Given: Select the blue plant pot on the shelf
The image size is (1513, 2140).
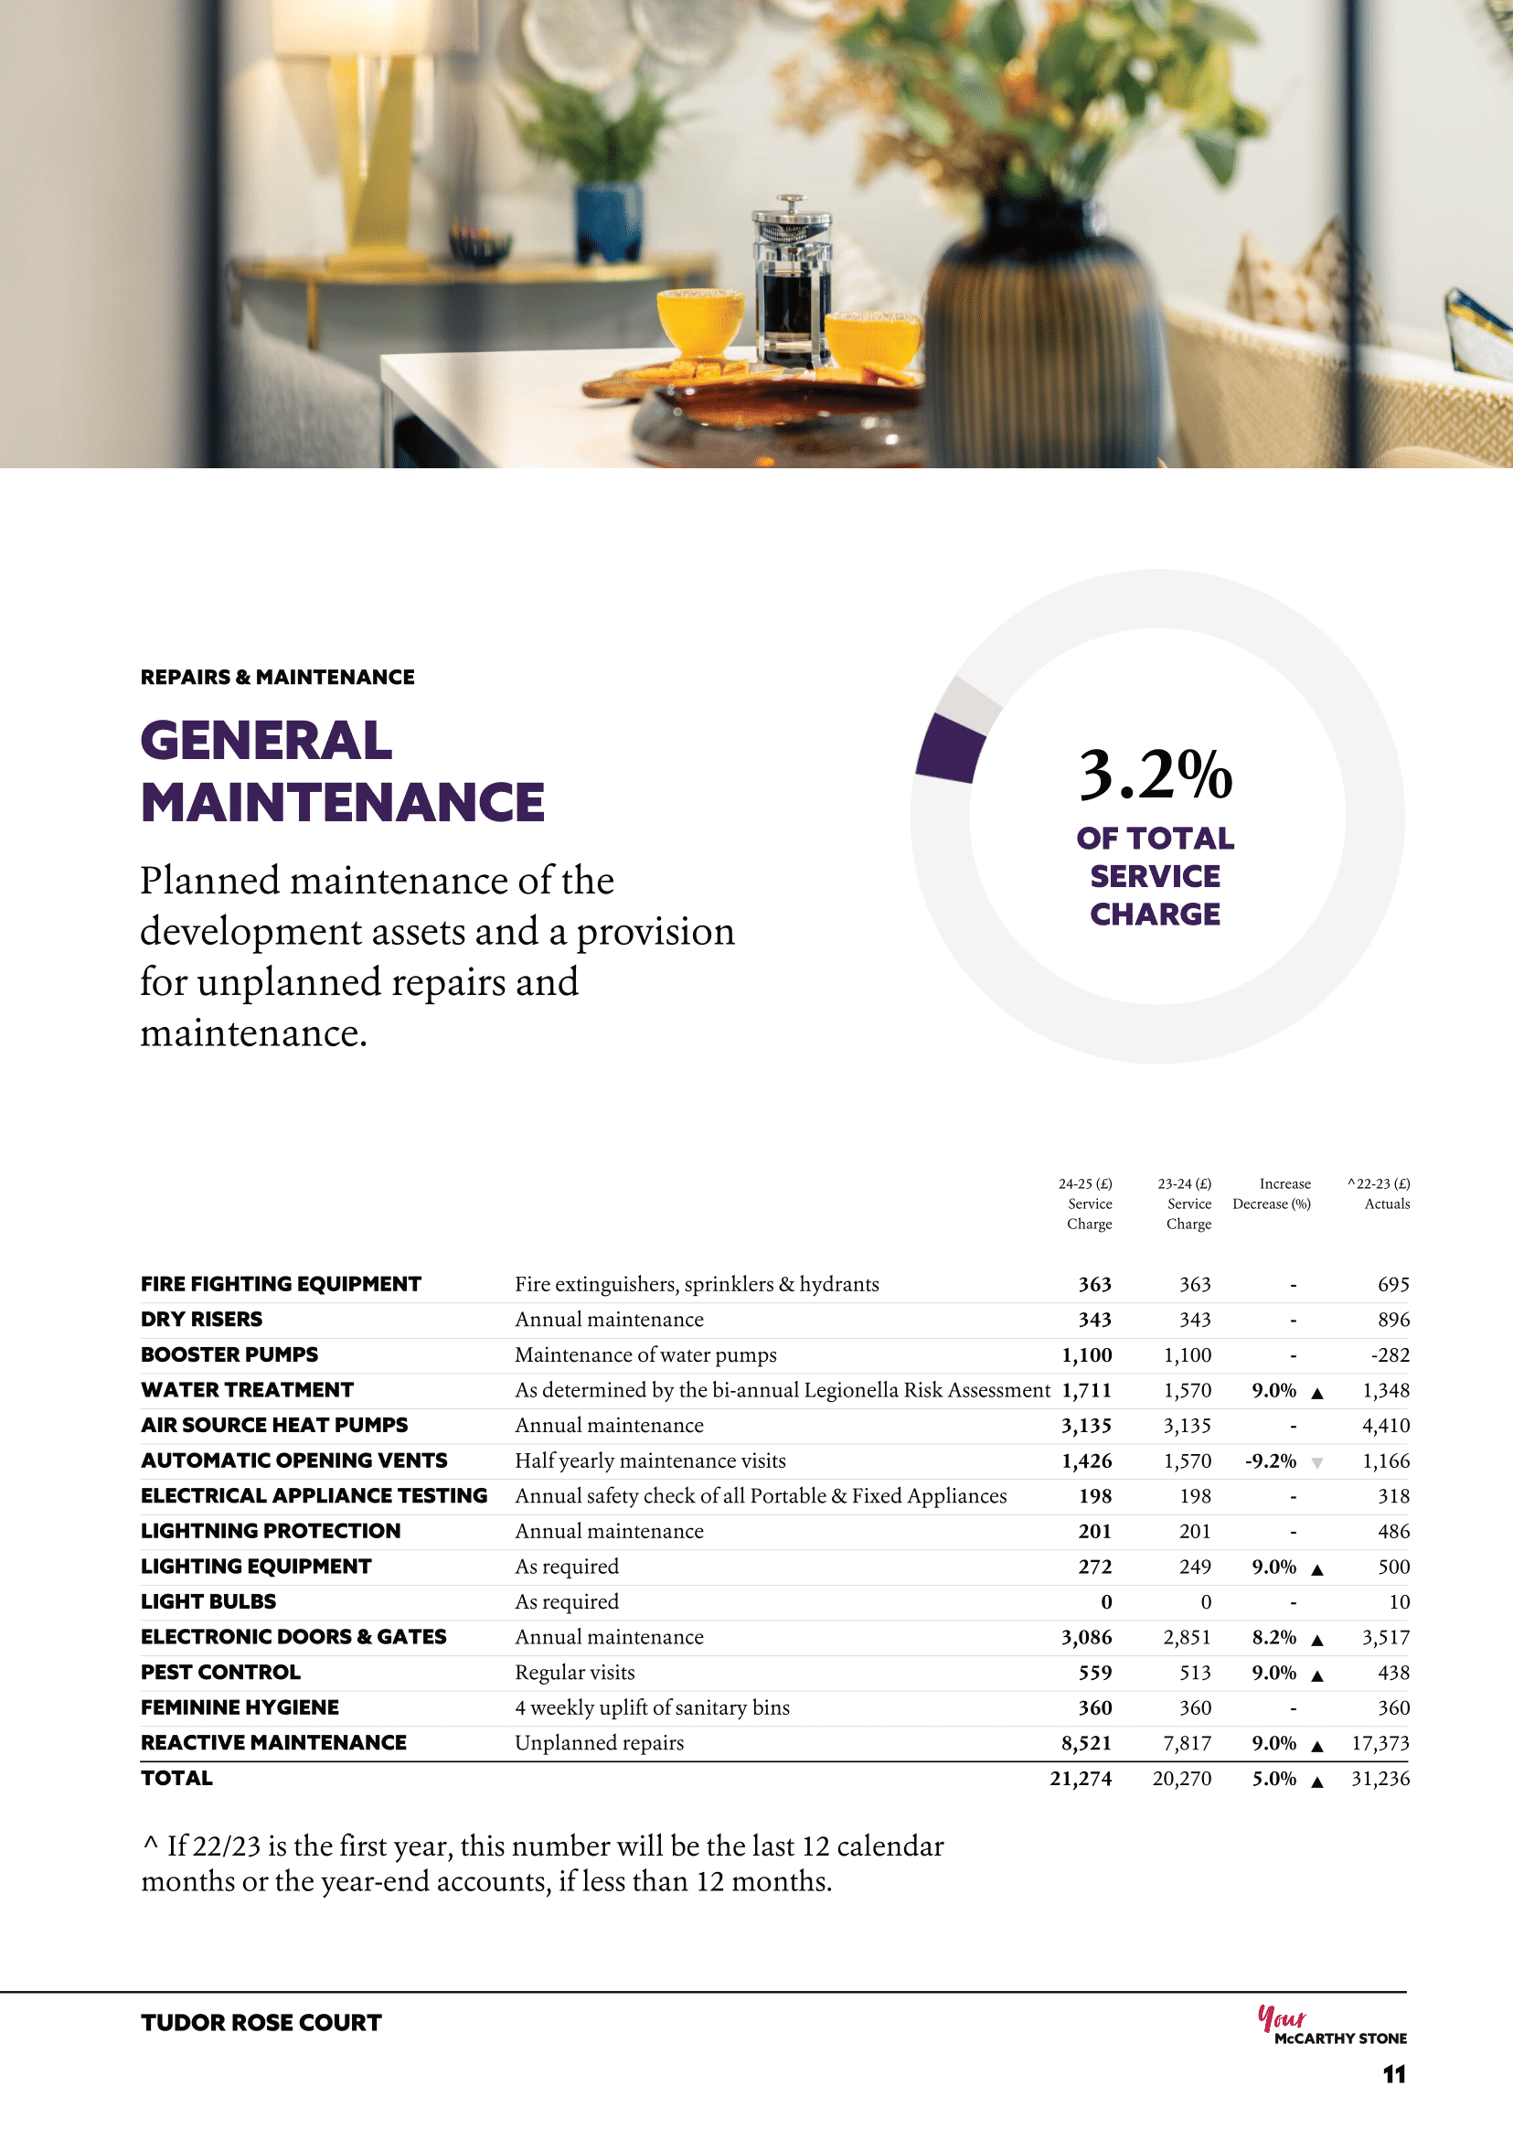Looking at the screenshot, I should tap(609, 222).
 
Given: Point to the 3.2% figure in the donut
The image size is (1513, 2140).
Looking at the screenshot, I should tap(1156, 776).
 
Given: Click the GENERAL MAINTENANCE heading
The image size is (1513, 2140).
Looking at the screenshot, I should tap(342, 772).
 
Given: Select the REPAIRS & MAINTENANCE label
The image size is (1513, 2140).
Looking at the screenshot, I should tap(278, 678).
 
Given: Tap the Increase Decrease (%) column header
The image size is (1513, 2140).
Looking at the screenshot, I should tap(1272, 1194).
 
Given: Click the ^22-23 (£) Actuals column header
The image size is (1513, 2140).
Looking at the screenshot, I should tap(1379, 1194).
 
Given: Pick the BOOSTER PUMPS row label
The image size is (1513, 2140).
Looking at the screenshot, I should tap(229, 1355).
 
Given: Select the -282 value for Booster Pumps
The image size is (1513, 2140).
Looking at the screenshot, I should tap(1390, 1356).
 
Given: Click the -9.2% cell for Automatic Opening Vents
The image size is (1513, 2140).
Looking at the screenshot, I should tap(1271, 1461).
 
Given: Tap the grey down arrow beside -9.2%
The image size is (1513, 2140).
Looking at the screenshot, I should tap(1317, 1463).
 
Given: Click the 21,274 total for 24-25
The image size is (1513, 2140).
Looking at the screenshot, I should tap(1081, 1780).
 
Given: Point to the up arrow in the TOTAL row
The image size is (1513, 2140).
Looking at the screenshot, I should tap(1317, 1782).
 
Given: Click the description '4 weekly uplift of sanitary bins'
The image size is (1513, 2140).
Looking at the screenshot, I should tap(652, 1708).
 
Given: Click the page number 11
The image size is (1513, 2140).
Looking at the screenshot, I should tap(1394, 2075).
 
